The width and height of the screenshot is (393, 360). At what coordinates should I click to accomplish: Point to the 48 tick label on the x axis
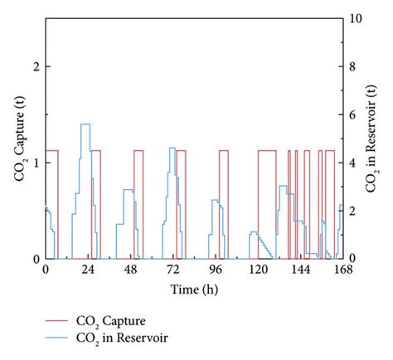(x=130, y=270)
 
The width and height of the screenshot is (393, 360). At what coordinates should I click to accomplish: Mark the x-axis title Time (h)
(x=193, y=289)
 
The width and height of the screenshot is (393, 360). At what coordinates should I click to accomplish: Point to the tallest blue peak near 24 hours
(x=85, y=124)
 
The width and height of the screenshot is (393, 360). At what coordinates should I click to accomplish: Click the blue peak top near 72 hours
(x=172, y=148)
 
